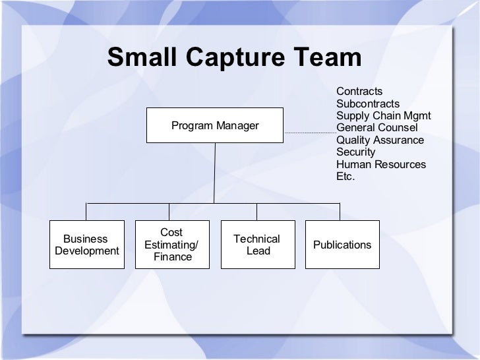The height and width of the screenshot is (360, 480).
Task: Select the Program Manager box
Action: click(x=215, y=125)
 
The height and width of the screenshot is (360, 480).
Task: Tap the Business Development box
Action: click(x=87, y=245)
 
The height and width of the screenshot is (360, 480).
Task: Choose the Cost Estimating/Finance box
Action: click(x=172, y=245)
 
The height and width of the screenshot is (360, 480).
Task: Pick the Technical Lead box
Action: click(x=257, y=245)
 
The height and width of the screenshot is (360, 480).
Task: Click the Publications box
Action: click(x=342, y=245)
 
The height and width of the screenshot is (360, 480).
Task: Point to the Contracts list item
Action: click(x=359, y=92)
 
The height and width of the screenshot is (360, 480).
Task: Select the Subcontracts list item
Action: click(x=368, y=104)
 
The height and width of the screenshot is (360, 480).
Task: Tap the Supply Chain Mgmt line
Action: click(x=383, y=116)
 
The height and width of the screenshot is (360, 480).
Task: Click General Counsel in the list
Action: click(x=376, y=127)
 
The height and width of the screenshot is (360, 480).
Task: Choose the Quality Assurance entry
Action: click(x=380, y=140)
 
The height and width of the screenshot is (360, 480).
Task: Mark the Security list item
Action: click(x=355, y=152)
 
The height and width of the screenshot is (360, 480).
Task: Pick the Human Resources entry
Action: click(x=380, y=164)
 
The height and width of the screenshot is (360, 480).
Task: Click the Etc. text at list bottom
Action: click(x=345, y=176)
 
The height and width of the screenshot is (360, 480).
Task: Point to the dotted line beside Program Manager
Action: click(x=310, y=134)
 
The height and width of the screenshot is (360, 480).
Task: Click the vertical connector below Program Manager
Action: click(x=214, y=171)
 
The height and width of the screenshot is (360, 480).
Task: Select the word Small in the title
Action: click(x=140, y=59)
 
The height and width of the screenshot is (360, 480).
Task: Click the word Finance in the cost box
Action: click(x=173, y=256)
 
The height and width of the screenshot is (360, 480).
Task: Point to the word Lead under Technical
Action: click(x=258, y=251)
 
